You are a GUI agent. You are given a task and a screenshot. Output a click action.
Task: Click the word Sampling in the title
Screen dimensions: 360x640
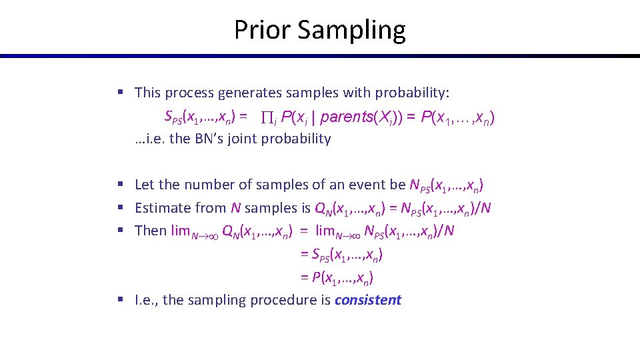[x=352, y=31]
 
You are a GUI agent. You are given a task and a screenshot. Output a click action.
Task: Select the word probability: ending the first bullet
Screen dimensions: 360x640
[x=413, y=93]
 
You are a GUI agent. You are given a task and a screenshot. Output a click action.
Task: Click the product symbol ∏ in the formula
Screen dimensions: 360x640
[x=267, y=117]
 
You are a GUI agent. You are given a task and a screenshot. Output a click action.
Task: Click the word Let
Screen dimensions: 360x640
[x=145, y=185]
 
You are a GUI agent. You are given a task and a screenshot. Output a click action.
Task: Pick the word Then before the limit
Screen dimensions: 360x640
[x=151, y=231]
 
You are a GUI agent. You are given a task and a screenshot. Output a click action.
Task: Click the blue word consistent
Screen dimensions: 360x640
[x=368, y=300]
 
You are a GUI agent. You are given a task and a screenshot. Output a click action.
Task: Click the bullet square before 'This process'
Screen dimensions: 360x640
[x=119, y=93]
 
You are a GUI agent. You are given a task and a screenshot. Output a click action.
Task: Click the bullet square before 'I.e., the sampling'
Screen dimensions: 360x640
[x=119, y=300]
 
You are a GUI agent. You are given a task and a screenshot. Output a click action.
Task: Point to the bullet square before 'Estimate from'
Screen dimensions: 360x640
[x=119, y=208]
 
